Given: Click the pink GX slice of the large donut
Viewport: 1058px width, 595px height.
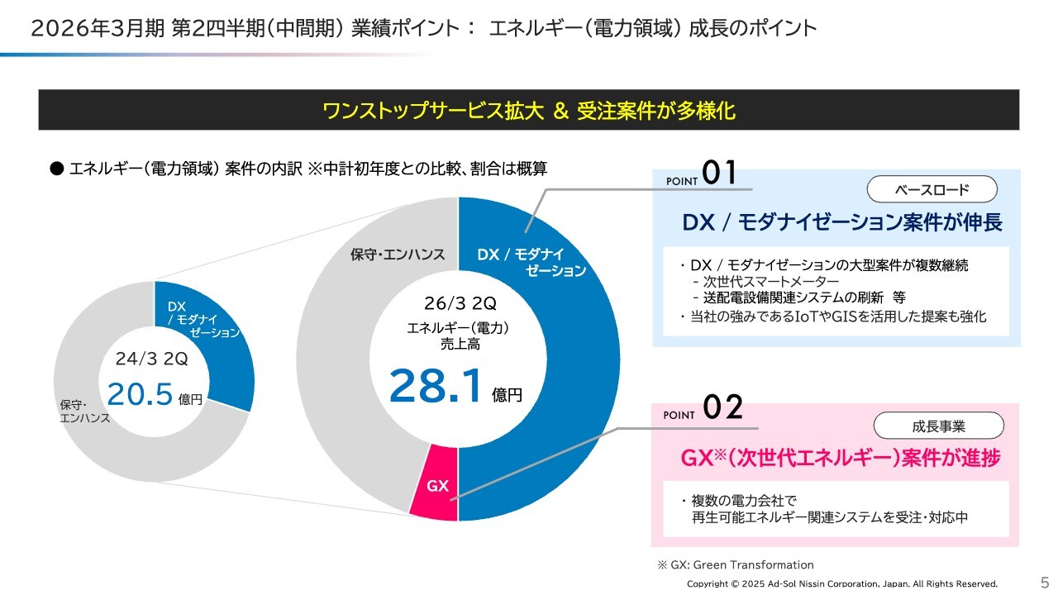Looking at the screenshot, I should pyautogui.click(x=436, y=487).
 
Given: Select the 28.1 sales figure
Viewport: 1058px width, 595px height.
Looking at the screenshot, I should pyautogui.click(x=436, y=386).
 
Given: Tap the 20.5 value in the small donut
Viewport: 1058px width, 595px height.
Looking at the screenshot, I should pyautogui.click(x=141, y=395).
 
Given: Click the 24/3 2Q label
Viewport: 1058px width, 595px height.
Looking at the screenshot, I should pyautogui.click(x=152, y=359).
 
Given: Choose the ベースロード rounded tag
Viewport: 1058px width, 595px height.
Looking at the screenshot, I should pyautogui.click(x=932, y=190).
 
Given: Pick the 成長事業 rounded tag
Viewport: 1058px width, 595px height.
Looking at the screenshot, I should pyautogui.click(x=938, y=426).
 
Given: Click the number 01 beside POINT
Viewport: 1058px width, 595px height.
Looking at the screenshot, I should pyautogui.click(x=718, y=174).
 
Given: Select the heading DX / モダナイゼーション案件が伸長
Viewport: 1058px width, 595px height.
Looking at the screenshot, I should pyautogui.click(x=841, y=222).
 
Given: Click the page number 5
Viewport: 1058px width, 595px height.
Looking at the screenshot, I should pyautogui.click(x=1044, y=580).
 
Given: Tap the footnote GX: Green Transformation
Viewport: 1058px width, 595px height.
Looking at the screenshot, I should pyautogui.click(x=736, y=565).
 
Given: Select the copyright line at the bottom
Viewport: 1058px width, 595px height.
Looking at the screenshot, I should pyautogui.click(x=842, y=583).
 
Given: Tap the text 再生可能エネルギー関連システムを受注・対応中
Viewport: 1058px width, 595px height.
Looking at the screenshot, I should pyautogui.click(x=829, y=518).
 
